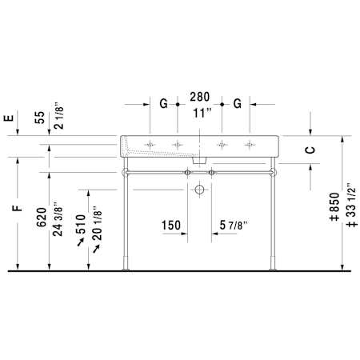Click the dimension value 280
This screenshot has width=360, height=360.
pyautogui.click(x=199, y=97)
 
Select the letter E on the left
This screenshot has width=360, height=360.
pyautogui.click(x=9, y=118)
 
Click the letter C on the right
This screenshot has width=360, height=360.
pyautogui.click(x=310, y=150)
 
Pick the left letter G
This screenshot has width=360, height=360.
pyautogui.click(x=163, y=103)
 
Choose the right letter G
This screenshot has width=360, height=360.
pyautogui.click(x=238, y=103)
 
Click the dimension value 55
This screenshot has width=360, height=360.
pyautogui.click(x=40, y=118)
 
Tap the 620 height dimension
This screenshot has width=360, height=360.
pyautogui.click(x=42, y=218)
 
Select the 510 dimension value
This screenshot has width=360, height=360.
pyautogui.click(x=81, y=224)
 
